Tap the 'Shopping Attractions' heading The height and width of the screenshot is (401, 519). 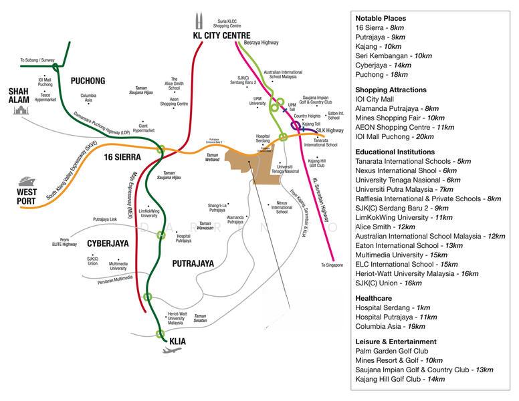tap(391, 90)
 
